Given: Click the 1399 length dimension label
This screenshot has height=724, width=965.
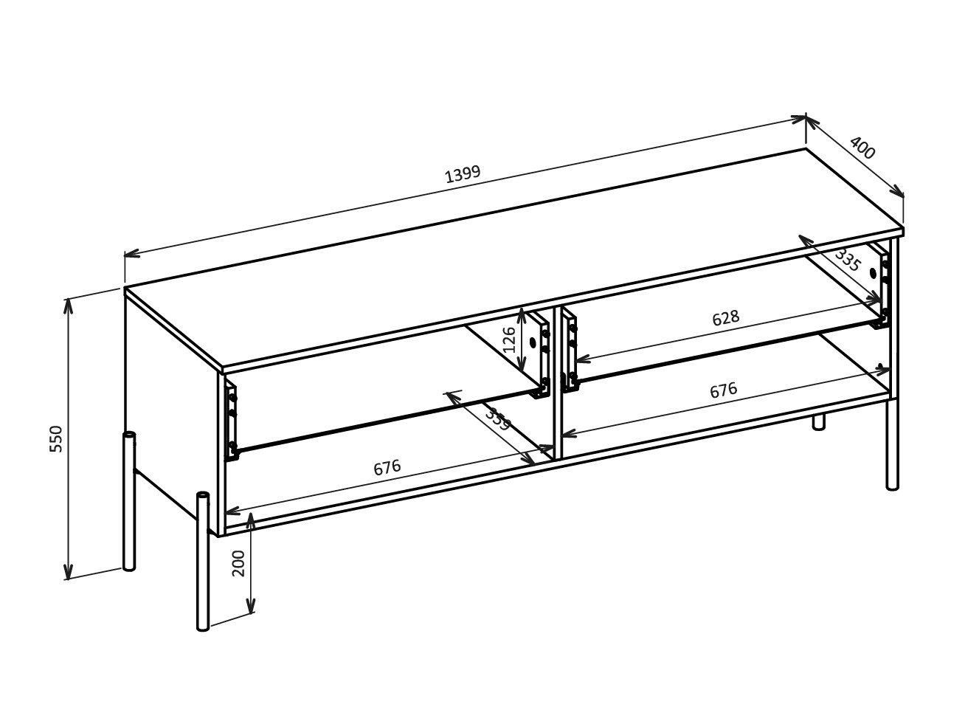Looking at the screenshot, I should [x=463, y=174].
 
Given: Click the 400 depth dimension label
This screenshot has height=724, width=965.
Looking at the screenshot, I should [x=862, y=148].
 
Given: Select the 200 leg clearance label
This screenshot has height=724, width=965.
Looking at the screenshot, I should [x=238, y=563].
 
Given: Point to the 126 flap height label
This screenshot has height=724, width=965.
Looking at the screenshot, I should [x=509, y=340].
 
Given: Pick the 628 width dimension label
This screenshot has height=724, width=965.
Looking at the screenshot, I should [x=725, y=318].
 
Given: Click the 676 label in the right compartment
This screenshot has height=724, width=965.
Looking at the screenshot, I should [x=723, y=390].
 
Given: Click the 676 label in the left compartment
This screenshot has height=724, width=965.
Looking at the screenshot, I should [x=387, y=468].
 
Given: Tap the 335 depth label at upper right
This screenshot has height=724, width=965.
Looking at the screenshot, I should [x=848, y=260].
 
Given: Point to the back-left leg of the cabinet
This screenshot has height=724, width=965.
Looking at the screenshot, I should [x=129, y=502].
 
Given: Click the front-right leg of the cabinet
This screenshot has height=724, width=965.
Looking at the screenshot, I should [x=892, y=443].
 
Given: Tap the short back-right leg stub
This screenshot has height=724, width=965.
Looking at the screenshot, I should [x=817, y=422].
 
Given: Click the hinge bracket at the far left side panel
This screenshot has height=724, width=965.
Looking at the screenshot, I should [x=232, y=421].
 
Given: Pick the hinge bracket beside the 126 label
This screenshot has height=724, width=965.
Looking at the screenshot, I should [x=544, y=354].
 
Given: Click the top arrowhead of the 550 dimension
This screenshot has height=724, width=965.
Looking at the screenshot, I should [x=69, y=303].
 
